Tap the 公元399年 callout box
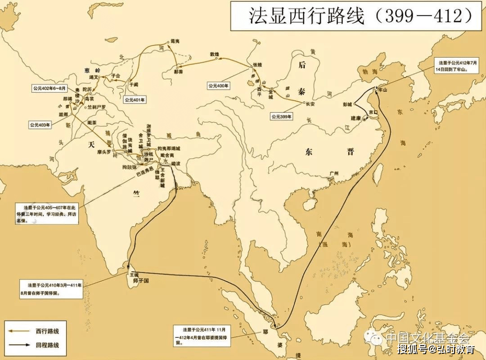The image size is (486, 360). point(282,117)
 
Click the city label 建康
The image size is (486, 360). point(356,118)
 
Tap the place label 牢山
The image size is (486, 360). point(383,90)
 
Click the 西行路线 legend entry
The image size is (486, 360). point(47,331)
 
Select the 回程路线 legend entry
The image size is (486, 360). point(47,346)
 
